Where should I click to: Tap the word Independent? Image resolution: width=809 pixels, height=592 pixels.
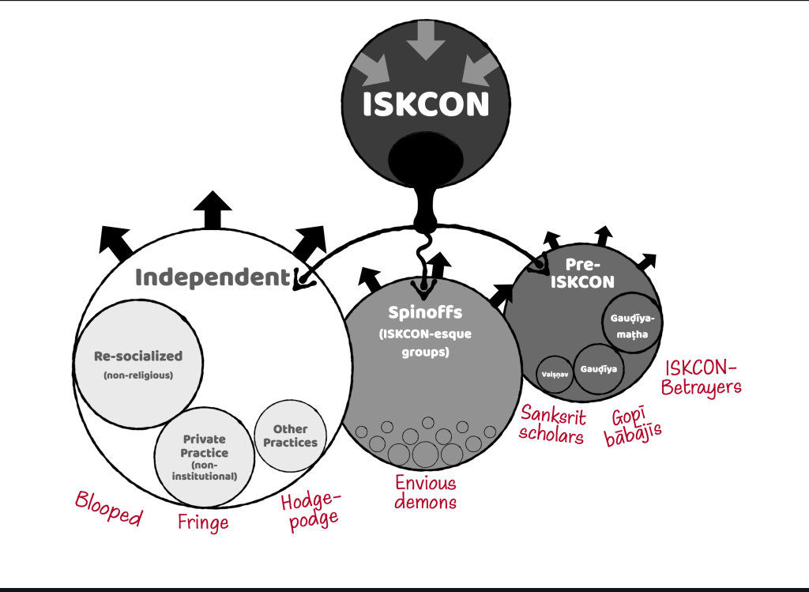click(213, 277)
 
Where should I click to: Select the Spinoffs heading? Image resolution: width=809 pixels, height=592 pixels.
click(425, 312)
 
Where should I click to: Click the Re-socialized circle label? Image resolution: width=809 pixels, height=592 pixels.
click(138, 356)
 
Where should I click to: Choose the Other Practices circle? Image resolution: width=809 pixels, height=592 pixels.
click(290, 436)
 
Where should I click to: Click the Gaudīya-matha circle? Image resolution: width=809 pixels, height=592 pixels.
click(633, 324)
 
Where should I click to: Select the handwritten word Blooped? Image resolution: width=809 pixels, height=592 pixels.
click(108, 509)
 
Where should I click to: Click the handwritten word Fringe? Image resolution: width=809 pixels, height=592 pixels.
click(203, 522)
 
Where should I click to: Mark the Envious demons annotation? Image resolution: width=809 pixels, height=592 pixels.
click(426, 492)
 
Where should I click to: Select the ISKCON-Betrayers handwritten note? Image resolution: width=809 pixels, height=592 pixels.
click(702, 378)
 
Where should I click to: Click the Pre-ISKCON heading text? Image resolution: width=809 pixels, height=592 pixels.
click(591, 273)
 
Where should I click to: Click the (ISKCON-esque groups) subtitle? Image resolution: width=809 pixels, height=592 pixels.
click(425, 342)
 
